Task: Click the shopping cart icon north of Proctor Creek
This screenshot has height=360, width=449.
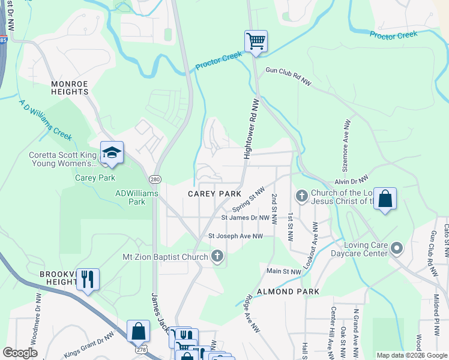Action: coord(256,41)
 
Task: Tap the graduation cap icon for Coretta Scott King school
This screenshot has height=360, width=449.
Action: coord(112,153)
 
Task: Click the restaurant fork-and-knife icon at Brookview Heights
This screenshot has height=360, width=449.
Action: coord(88,279)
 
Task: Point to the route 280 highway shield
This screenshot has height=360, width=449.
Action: coord(154,179)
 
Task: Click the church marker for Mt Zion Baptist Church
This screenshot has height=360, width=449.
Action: coord(217,257)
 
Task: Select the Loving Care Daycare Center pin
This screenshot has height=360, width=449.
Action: coord(396,248)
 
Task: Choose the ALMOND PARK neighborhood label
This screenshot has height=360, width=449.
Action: coord(287,291)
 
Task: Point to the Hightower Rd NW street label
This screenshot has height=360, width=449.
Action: coord(250,129)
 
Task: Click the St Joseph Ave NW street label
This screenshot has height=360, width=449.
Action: coord(236,236)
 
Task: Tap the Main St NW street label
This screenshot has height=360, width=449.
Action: coord(283,272)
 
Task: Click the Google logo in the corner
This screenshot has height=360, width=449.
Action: coord(20,353)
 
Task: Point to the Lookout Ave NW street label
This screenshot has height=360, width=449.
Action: coord(313,245)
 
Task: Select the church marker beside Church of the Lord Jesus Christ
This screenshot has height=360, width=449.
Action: coord(301,196)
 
